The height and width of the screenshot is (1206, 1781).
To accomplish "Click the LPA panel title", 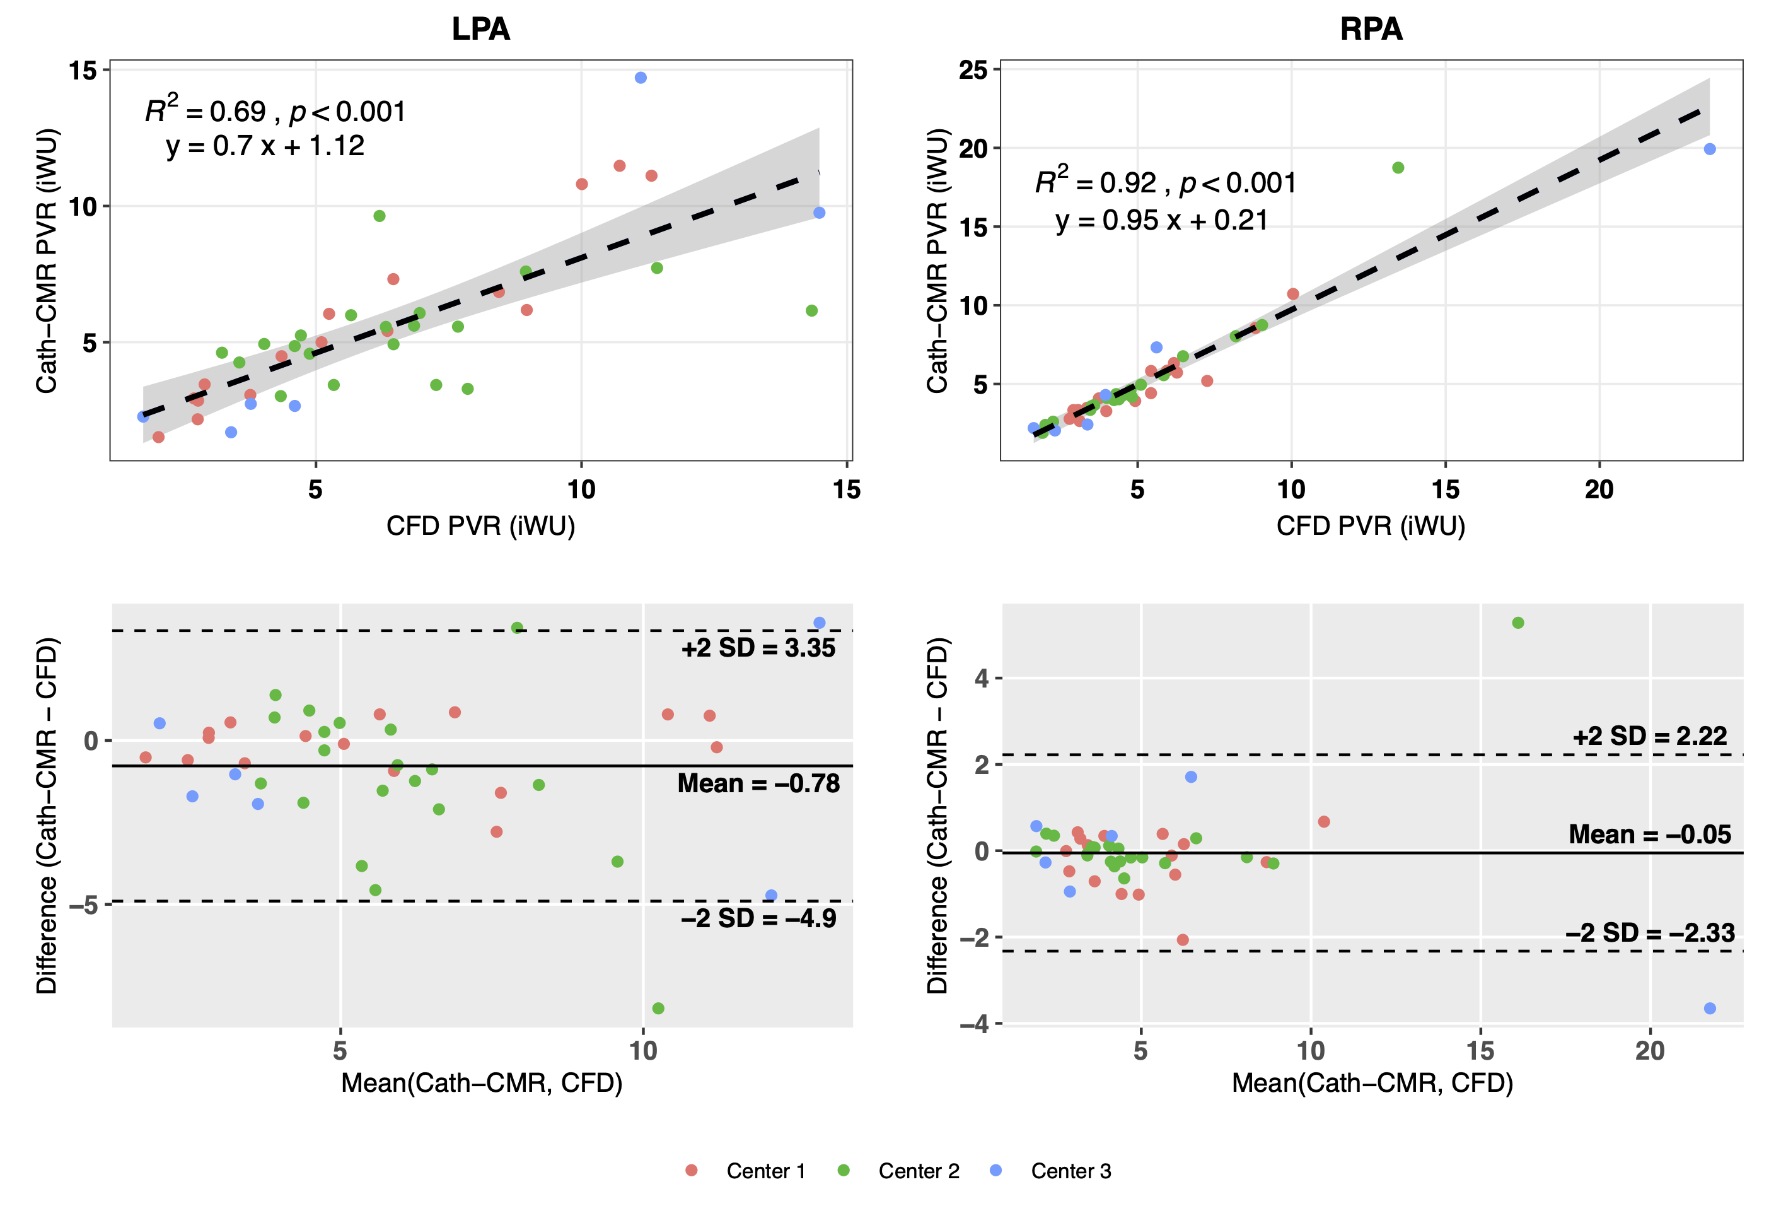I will pos(480,29).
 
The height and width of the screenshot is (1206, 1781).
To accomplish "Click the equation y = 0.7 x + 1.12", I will pos(265,146).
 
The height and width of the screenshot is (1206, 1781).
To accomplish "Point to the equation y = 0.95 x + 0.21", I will pos(1161,221).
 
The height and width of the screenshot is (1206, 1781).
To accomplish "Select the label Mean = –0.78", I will pos(758,783).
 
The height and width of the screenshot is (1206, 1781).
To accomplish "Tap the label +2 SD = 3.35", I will pos(758,648).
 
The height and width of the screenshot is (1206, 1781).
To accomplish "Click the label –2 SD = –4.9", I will pos(758,918).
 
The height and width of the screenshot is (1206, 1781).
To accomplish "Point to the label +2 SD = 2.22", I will pos(1649,736).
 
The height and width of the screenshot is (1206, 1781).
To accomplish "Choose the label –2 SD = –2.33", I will pos(1649,932).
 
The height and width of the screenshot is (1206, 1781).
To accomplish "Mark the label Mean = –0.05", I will pos(1649,834).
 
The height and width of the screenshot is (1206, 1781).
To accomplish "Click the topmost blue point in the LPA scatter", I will pos(641,78).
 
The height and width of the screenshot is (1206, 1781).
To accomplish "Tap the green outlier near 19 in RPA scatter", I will pos(1398,168).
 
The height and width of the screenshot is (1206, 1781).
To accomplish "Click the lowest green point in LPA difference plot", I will pos(658,1008).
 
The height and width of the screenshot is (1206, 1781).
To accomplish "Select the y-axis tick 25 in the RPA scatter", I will pos(973,71).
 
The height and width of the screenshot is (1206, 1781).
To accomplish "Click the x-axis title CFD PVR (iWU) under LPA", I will pos(480,526).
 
